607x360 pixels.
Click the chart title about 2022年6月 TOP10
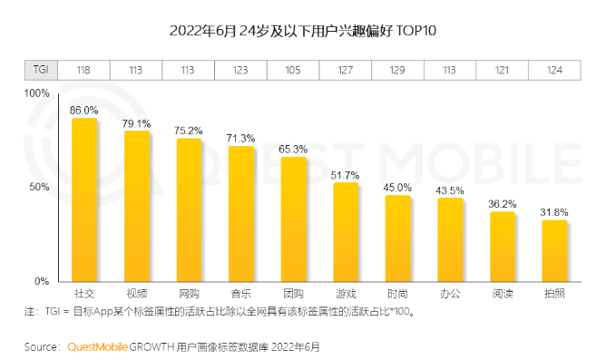pos(303,32)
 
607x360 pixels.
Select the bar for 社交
pos(84,199)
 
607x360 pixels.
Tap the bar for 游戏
pos(346,232)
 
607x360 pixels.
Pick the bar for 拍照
pos(555,250)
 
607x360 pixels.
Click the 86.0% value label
pos(84,110)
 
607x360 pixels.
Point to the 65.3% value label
pos(293,149)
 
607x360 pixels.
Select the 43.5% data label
pos(451,190)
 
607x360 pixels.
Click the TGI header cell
pos(41,70)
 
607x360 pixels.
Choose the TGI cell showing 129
pos(398,70)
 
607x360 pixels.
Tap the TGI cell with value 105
pos(293,70)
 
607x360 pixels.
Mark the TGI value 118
pos(84,70)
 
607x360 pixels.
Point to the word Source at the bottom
pos(42,346)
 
